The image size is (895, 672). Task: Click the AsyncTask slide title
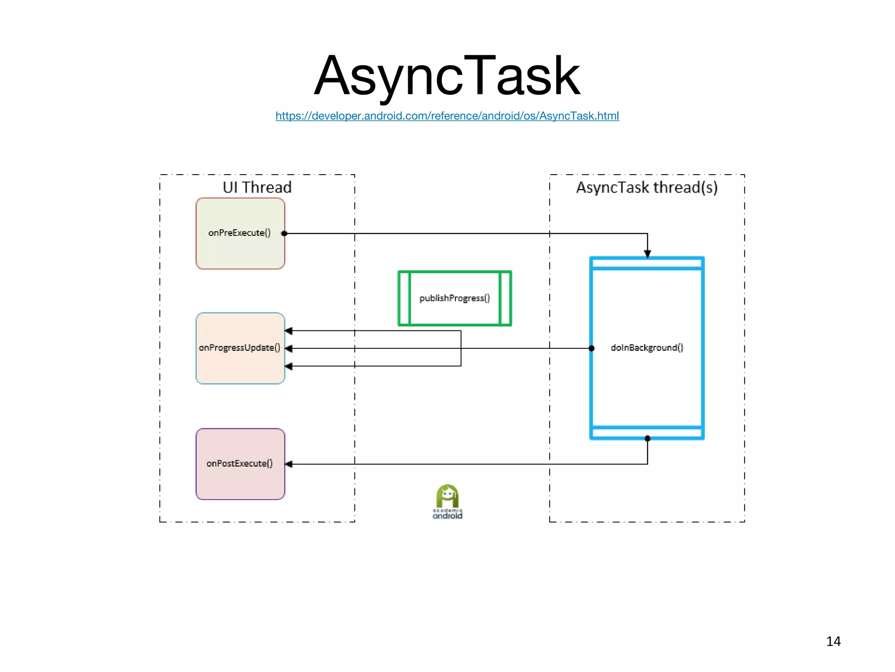(447, 75)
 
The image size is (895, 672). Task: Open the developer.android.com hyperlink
(447, 116)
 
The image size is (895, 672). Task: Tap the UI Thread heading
(257, 187)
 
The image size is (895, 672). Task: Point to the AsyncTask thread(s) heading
(647, 187)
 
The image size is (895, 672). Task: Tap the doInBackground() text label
(647, 348)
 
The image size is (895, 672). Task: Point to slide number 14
(833, 641)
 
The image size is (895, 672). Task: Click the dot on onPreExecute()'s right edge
(284, 234)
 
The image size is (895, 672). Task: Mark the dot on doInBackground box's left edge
(592, 348)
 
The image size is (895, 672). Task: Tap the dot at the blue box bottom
(648, 438)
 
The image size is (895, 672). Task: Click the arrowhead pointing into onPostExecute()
(289, 464)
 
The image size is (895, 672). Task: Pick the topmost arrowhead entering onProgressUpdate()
(289, 331)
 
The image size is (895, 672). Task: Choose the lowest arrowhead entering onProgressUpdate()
(289, 366)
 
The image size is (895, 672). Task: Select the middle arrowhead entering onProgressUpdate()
(289, 349)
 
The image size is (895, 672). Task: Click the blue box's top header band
(647, 263)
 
